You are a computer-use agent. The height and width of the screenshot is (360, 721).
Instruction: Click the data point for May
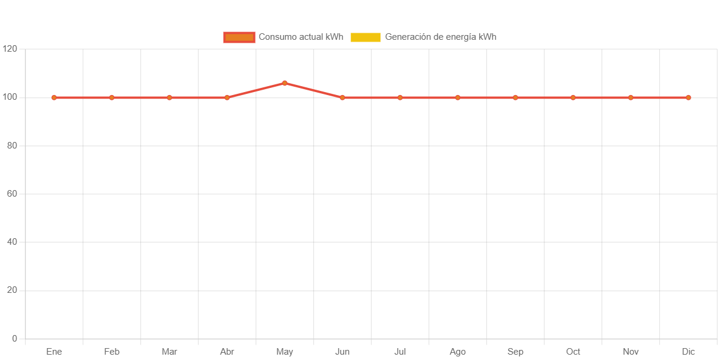(285, 83)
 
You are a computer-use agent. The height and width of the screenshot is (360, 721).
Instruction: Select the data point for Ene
(54, 97)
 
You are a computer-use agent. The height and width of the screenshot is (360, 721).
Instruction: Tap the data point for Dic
(688, 97)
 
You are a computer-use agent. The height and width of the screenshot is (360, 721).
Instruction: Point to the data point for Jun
(342, 97)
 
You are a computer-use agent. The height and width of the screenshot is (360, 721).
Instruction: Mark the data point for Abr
(227, 97)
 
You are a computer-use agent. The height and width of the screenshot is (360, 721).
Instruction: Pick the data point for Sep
(515, 97)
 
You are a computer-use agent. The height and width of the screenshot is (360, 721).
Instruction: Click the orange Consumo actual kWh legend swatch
(239, 37)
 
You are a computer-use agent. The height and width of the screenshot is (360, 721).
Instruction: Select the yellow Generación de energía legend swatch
(366, 37)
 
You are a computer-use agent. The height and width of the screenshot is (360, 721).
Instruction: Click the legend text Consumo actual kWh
(301, 37)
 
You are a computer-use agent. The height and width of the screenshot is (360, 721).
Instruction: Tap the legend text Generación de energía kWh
(440, 37)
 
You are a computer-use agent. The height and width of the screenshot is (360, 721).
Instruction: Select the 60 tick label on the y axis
(12, 194)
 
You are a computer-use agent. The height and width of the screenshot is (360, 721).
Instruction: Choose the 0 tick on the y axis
(14, 339)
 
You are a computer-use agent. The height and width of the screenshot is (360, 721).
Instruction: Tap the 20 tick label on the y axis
(12, 290)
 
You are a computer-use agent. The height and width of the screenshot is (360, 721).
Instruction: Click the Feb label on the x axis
(112, 352)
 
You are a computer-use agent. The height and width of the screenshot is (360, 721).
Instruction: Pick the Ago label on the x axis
(458, 352)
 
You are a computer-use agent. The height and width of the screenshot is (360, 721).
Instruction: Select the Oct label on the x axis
(573, 352)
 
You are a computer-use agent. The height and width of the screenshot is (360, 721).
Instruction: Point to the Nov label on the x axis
(631, 352)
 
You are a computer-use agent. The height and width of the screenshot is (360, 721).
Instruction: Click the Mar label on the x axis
(169, 352)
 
